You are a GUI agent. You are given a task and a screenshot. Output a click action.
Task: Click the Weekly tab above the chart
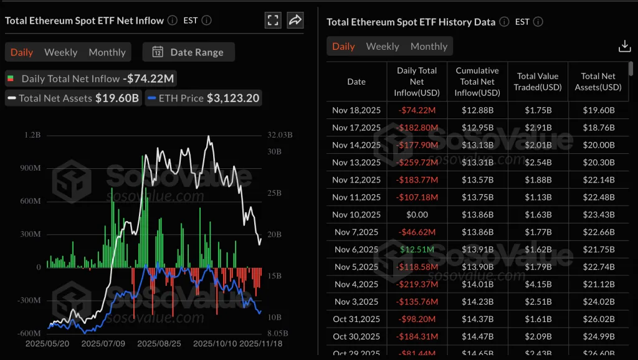pyautogui.click(x=60, y=52)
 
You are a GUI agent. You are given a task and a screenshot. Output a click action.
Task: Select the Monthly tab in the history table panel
pyautogui.click(x=429, y=47)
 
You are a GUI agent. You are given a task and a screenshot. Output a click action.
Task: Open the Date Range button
pyautogui.click(x=188, y=52)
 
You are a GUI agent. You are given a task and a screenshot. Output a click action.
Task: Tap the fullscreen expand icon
pyautogui.click(x=273, y=20)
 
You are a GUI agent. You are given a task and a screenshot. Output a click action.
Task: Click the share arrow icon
pyautogui.click(x=295, y=20)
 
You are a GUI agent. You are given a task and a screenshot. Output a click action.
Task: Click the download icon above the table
pyautogui.click(x=624, y=46)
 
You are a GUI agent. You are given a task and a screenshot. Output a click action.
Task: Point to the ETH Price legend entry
pyautogui.click(x=203, y=98)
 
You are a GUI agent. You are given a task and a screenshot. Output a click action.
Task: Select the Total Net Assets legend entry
pyautogui.click(x=72, y=98)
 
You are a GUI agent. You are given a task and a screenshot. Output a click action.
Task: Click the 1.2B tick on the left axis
pyautogui.click(x=32, y=135)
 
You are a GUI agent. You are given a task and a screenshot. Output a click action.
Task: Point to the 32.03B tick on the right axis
pyautogui.click(x=280, y=135)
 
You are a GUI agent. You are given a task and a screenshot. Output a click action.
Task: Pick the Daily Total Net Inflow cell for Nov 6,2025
pyautogui.click(x=417, y=250)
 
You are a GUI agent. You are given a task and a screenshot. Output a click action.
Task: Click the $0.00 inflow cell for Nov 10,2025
pyautogui.click(x=417, y=215)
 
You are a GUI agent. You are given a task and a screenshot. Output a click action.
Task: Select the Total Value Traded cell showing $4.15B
pyautogui.click(x=538, y=285)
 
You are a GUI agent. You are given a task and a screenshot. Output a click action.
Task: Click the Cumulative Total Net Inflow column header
pyautogui.click(x=477, y=82)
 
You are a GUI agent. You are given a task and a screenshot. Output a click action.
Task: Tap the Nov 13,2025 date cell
pyautogui.click(x=356, y=163)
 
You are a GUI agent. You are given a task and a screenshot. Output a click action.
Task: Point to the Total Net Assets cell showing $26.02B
pyautogui.click(x=598, y=320)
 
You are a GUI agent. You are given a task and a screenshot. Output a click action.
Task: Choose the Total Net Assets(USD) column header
pyautogui.click(x=598, y=82)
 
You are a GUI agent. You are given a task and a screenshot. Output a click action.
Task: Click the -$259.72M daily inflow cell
pyautogui.click(x=417, y=163)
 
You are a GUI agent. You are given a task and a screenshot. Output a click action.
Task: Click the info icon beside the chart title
pyautogui.click(x=173, y=21)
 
